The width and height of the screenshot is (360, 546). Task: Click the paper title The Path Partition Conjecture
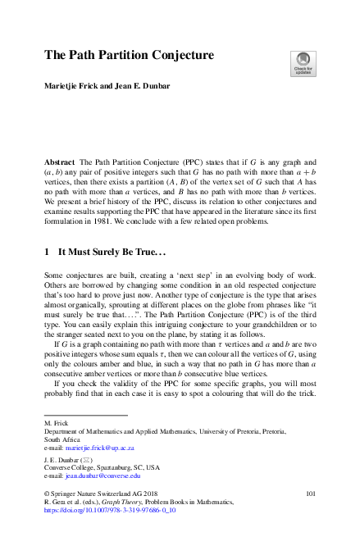128,56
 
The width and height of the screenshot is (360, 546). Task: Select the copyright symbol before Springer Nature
46,494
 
